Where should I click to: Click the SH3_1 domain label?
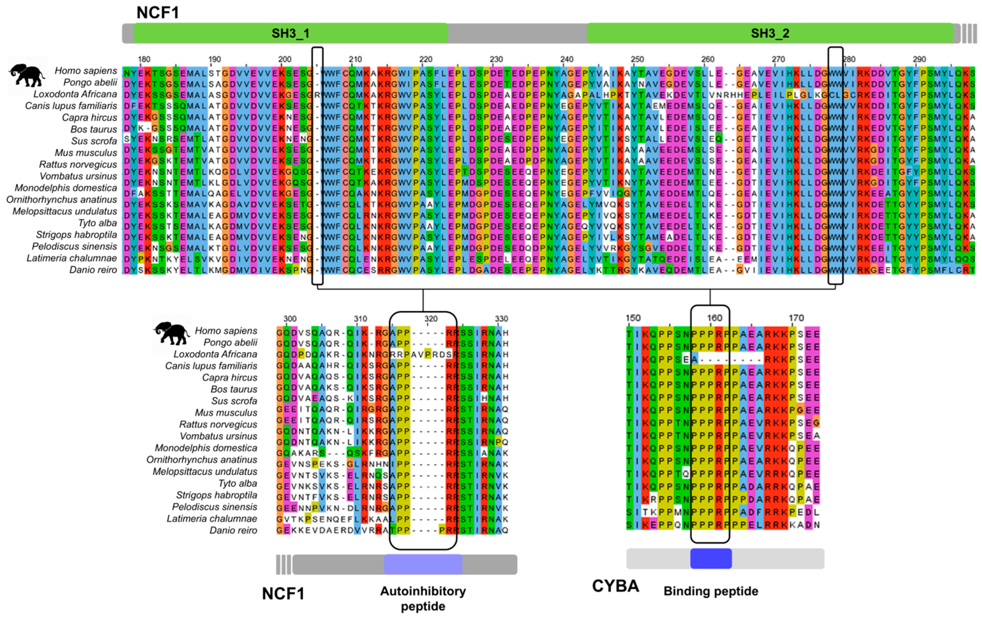[x=290, y=33]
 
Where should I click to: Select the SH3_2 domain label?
[x=770, y=33]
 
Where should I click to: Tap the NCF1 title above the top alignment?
[x=157, y=13]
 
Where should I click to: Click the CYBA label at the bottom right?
[x=615, y=586]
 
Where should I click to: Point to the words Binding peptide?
[x=711, y=591]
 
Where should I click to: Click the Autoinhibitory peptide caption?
[x=423, y=598]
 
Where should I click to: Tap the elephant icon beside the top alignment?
[x=27, y=75]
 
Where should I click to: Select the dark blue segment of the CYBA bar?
[x=711, y=558]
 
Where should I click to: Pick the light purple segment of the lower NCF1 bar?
[x=423, y=564]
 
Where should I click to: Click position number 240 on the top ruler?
[x=567, y=59]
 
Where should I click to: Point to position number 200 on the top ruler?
[x=285, y=59]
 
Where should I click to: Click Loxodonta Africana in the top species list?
[x=75, y=94]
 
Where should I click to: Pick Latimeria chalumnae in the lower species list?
[x=212, y=518]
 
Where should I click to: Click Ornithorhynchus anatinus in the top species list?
[x=62, y=199]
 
